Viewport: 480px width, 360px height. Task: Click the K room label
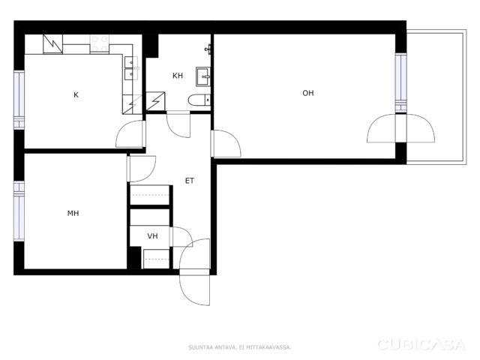tap(76, 95)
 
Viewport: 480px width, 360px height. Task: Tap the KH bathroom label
tap(178, 76)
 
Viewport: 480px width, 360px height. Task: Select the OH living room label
tap(308, 93)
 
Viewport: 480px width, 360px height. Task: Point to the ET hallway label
tap(190, 181)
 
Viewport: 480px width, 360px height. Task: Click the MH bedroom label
tap(73, 213)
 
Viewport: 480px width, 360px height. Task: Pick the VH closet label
tap(152, 236)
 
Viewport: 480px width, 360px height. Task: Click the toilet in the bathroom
tap(199, 100)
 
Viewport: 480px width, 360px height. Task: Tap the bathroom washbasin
tap(203, 76)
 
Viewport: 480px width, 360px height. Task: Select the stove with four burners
tap(100, 43)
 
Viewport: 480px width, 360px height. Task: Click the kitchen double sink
tap(131, 68)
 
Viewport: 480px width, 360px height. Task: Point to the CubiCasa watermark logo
tap(421, 345)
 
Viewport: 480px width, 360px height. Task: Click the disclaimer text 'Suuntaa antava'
tap(211, 347)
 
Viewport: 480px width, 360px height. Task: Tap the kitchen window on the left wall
tap(19, 100)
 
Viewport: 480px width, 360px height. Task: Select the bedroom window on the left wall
tap(19, 211)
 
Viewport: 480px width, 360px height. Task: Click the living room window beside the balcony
tap(400, 83)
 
